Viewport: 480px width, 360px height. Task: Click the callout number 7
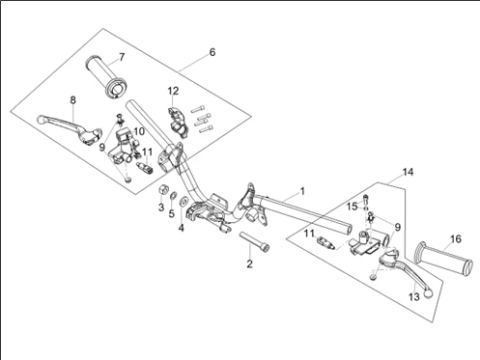[x=122, y=57]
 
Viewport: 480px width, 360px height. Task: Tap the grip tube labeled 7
[x=106, y=77]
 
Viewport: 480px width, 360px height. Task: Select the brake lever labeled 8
[x=70, y=128]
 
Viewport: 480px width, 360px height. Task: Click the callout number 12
[x=173, y=91]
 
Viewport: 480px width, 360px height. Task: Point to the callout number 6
[x=212, y=52]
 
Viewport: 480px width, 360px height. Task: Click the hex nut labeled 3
[x=163, y=189]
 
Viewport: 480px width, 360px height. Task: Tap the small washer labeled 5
[x=173, y=195]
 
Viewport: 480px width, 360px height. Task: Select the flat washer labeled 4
[x=184, y=201]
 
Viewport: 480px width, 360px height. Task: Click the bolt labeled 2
[x=254, y=242]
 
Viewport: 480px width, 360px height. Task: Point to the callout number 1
[x=302, y=191]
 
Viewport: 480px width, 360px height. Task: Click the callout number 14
[x=408, y=172]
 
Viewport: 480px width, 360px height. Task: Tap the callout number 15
[x=353, y=207]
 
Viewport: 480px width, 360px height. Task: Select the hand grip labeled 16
[x=444, y=259]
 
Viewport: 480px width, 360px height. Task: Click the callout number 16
[x=456, y=239]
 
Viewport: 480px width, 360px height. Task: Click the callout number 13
[x=414, y=296]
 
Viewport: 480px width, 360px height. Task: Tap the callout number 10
[x=139, y=131]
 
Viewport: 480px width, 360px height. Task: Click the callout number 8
[x=73, y=100]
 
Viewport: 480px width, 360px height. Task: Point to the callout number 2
[x=250, y=264]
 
